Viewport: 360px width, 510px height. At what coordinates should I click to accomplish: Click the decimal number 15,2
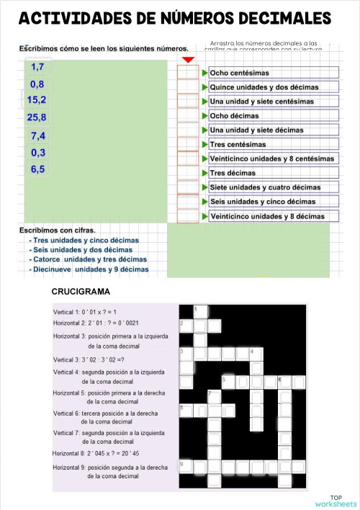pyautogui.click(x=36, y=100)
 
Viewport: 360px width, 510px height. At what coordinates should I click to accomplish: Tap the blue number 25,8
pyautogui.click(x=37, y=117)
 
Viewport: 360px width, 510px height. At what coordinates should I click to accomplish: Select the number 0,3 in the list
pyautogui.click(x=38, y=153)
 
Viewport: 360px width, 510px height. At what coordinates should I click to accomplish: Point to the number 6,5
pyautogui.click(x=38, y=170)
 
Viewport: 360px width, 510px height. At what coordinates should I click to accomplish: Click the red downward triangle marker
pyautogui.click(x=188, y=60)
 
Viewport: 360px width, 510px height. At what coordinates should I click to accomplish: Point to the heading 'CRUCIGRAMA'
pyautogui.click(x=81, y=292)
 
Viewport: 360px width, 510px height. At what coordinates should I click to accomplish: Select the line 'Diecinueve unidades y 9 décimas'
pyautogui.click(x=91, y=269)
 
